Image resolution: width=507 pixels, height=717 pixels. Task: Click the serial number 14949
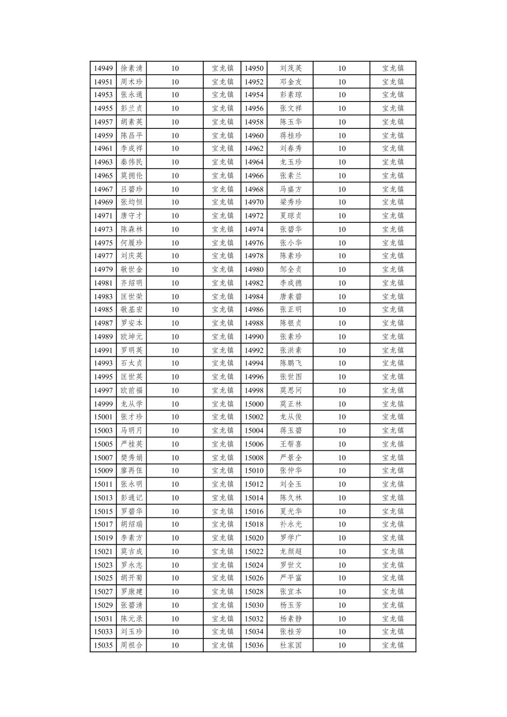(x=103, y=68)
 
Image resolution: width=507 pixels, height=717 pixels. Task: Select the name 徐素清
(x=131, y=68)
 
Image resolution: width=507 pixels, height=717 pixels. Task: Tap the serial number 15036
(x=254, y=645)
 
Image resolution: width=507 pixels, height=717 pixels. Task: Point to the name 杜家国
(x=291, y=645)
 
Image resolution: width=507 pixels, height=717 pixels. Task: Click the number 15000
(x=254, y=404)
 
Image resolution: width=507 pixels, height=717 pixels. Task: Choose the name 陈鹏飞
(x=291, y=363)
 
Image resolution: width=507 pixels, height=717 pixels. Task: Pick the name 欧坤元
(x=131, y=337)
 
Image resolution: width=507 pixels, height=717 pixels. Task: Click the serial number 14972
(x=254, y=216)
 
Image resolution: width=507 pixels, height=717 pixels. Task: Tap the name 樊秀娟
(x=131, y=458)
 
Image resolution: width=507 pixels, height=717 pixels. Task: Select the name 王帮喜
(x=291, y=444)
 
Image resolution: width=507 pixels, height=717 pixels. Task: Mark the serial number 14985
(x=103, y=310)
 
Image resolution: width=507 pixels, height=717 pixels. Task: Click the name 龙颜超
(x=291, y=552)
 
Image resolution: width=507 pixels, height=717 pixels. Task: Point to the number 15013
(x=103, y=498)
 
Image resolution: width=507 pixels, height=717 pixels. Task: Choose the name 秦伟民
(x=131, y=162)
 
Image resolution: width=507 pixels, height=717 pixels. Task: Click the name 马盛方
(x=291, y=189)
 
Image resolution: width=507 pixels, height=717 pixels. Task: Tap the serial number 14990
(x=254, y=337)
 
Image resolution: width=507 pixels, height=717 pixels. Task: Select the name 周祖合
(x=131, y=645)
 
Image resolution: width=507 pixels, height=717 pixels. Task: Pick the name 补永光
(x=291, y=524)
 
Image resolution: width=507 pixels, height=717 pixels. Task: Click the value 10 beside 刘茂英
(x=341, y=68)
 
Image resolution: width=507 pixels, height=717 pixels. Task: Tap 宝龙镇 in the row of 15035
(x=222, y=645)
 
